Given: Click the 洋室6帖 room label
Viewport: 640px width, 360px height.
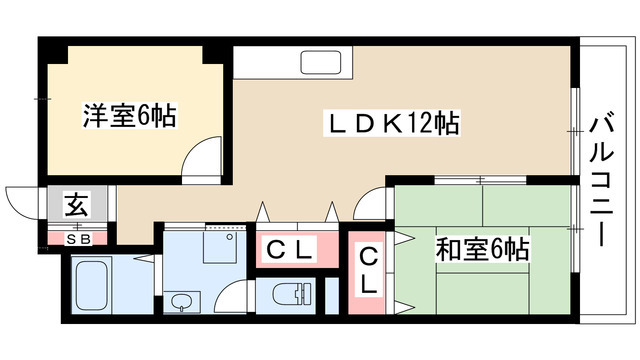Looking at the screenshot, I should [x=128, y=118].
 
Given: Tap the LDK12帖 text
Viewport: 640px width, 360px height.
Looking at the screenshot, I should [x=395, y=124].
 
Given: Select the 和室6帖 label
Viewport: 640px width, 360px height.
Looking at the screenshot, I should [x=482, y=248].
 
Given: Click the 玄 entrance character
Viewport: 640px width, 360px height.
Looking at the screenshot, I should [x=76, y=207].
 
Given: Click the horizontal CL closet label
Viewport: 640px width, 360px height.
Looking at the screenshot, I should [x=290, y=250].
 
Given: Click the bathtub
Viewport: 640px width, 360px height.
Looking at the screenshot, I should [x=95, y=286].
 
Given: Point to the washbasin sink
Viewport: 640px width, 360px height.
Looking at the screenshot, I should [x=180, y=300].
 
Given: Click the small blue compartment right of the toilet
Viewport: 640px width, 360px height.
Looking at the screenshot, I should [x=332, y=294].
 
